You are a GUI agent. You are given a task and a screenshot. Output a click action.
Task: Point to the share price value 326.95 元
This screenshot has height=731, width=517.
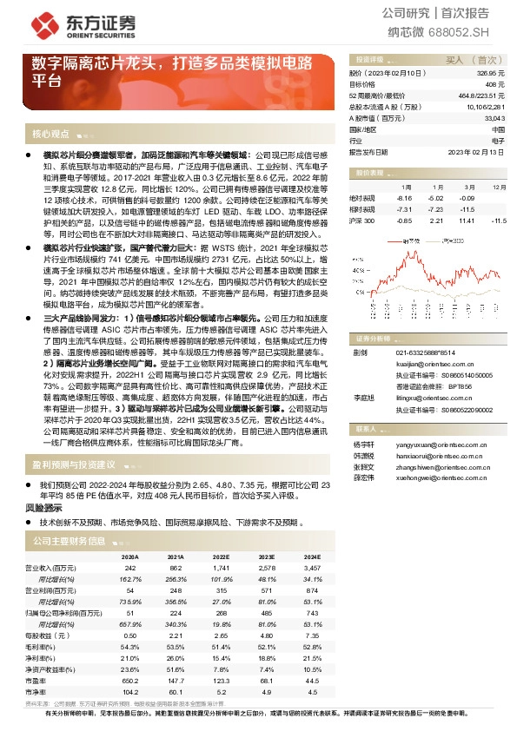[492, 75]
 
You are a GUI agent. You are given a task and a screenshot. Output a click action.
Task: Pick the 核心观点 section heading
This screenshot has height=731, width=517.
[50, 135]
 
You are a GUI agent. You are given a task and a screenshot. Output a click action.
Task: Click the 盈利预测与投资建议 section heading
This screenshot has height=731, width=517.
[74, 464]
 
